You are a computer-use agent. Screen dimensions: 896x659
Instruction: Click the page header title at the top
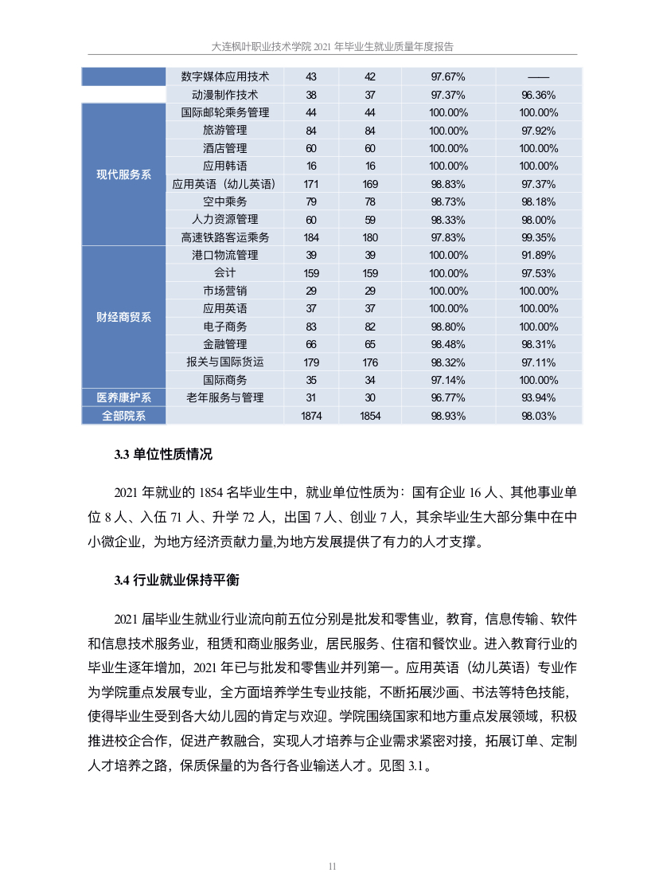[329, 47]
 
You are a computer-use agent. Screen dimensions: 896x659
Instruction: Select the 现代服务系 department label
[123, 175]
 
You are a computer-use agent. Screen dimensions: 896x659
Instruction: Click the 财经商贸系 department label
[123, 317]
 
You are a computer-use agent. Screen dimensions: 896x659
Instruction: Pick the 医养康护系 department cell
[123, 397]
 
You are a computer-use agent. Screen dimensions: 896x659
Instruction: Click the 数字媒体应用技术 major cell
[225, 76]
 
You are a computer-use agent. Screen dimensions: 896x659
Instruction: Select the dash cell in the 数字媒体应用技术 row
[539, 76]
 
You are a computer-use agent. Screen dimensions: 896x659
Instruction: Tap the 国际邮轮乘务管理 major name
[225, 112]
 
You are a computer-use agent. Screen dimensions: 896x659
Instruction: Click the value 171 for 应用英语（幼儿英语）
[311, 184]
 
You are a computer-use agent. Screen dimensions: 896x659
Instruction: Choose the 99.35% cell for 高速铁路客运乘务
[539, 237]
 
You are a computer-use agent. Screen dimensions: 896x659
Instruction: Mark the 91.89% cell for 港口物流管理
[539, 255]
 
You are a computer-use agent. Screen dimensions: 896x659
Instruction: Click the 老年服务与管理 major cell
[225, 397]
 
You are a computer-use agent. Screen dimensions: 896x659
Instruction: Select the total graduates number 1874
[311, 416]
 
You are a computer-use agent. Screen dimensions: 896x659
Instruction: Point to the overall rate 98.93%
[448, 416]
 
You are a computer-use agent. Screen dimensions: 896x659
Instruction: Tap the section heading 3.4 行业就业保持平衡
[176, 580]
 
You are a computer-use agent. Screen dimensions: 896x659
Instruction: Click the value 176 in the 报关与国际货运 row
[370, 362]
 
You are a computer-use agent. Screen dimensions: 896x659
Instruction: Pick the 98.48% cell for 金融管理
[448, 344]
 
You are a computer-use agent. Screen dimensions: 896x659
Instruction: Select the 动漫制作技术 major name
[225, 94]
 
